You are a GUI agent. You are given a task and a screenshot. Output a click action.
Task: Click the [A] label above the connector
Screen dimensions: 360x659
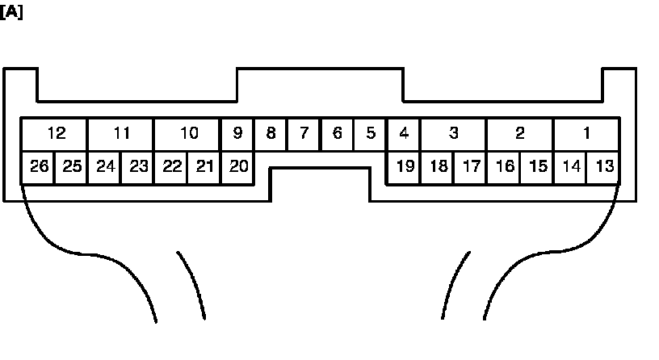click(11, 13)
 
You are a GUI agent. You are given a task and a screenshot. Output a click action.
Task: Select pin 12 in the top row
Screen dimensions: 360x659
click(54, 133)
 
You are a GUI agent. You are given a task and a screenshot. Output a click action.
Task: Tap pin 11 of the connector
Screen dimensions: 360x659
click(120, 133)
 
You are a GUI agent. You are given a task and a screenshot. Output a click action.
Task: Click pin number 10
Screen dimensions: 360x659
click(187, 133)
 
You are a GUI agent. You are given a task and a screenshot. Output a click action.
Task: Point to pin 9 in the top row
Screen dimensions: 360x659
click(237, 133)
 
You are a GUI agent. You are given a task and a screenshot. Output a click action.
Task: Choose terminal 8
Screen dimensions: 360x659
click(271, 133)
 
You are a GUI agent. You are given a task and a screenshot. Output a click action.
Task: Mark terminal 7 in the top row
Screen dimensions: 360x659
click(304, 133)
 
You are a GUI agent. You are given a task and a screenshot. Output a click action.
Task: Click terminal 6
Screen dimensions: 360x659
click(337, 133)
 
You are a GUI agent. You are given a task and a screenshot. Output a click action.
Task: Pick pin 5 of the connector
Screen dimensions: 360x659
click(370, 133)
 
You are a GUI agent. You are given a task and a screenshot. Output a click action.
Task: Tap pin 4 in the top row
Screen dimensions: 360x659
click(403, 133)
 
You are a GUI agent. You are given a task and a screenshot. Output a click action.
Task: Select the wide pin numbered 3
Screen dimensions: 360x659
click(453, 133)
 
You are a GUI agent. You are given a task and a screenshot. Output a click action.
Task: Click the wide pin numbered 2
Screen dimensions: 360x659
click(519, 133)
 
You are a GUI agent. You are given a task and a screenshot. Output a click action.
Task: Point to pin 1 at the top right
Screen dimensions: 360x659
click(586, 133)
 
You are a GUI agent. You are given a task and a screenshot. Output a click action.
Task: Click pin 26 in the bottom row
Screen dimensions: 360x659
click(38, 166)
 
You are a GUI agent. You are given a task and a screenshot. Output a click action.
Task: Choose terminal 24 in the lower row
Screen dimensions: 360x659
click(104, 166)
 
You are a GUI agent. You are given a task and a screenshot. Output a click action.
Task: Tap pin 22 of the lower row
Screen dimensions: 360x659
click(170, 166)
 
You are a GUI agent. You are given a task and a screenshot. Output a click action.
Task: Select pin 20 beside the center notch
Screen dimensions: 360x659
click(237, 166)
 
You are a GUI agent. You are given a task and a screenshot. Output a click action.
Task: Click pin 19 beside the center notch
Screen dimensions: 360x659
click(405, 166)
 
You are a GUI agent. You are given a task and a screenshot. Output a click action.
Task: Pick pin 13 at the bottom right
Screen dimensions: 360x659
click(603, 166)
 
